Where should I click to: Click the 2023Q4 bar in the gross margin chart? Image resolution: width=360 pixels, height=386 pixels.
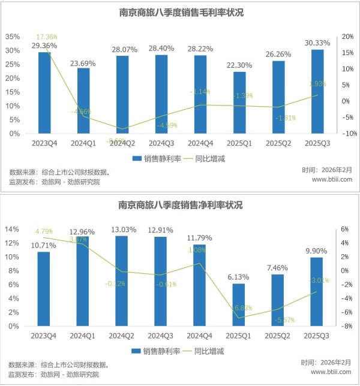(x=44, y=93)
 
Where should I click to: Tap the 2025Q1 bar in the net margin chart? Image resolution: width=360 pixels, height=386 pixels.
(x=239, y=304)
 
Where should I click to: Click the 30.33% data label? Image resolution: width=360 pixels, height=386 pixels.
(x=317, y=43)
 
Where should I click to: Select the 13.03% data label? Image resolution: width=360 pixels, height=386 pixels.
(x=122, y=229)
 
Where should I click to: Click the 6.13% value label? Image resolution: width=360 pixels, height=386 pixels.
(x=239, y=277)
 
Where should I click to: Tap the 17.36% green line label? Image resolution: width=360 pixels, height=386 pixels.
(x=47, y=37)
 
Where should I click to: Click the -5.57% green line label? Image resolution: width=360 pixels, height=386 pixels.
(x=283, y=319)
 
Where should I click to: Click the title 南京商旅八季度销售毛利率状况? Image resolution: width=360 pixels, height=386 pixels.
(x=180, y=12)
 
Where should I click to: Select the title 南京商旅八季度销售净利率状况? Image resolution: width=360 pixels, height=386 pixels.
(x=180, y=206)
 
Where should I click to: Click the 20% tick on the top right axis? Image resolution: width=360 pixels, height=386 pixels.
(x=347, y=37)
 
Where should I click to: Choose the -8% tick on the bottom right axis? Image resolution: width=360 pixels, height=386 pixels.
(x=346, y=327)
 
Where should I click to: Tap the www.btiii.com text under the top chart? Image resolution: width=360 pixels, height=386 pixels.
(x=332, y=179)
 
